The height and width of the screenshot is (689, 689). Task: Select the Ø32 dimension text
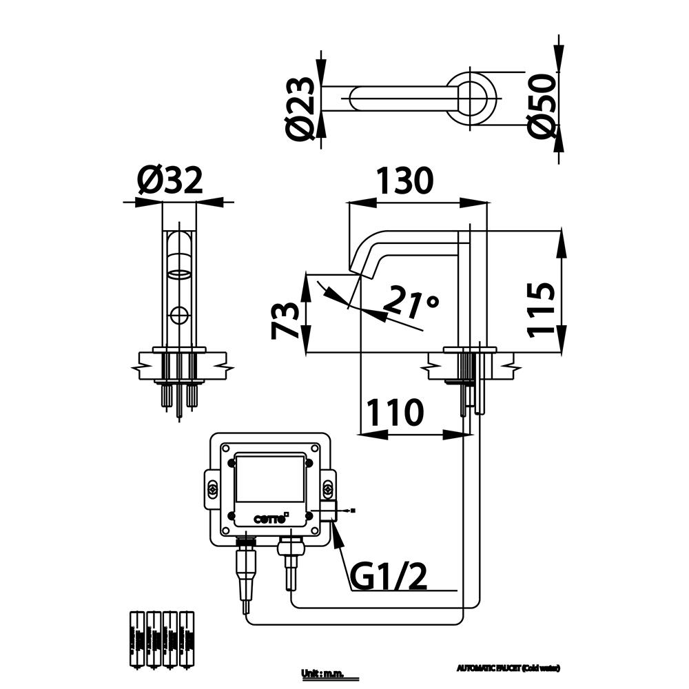tap(170, 181)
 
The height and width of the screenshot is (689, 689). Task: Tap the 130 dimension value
tap(404, 181)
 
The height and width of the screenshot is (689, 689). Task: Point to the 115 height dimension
tap(541, 309)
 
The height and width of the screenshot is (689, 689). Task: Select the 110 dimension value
tap(394, 413)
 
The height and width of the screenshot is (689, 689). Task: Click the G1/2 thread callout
tap(389, 577)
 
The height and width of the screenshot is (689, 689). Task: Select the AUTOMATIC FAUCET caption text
tap(508, 668)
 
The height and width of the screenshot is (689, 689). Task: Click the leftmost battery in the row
tap(136, 639)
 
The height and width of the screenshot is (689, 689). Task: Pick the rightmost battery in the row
tap(186, 639)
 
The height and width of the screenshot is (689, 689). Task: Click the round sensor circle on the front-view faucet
tap(179, 316)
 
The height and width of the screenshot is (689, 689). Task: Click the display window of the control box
tap(270, 480)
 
